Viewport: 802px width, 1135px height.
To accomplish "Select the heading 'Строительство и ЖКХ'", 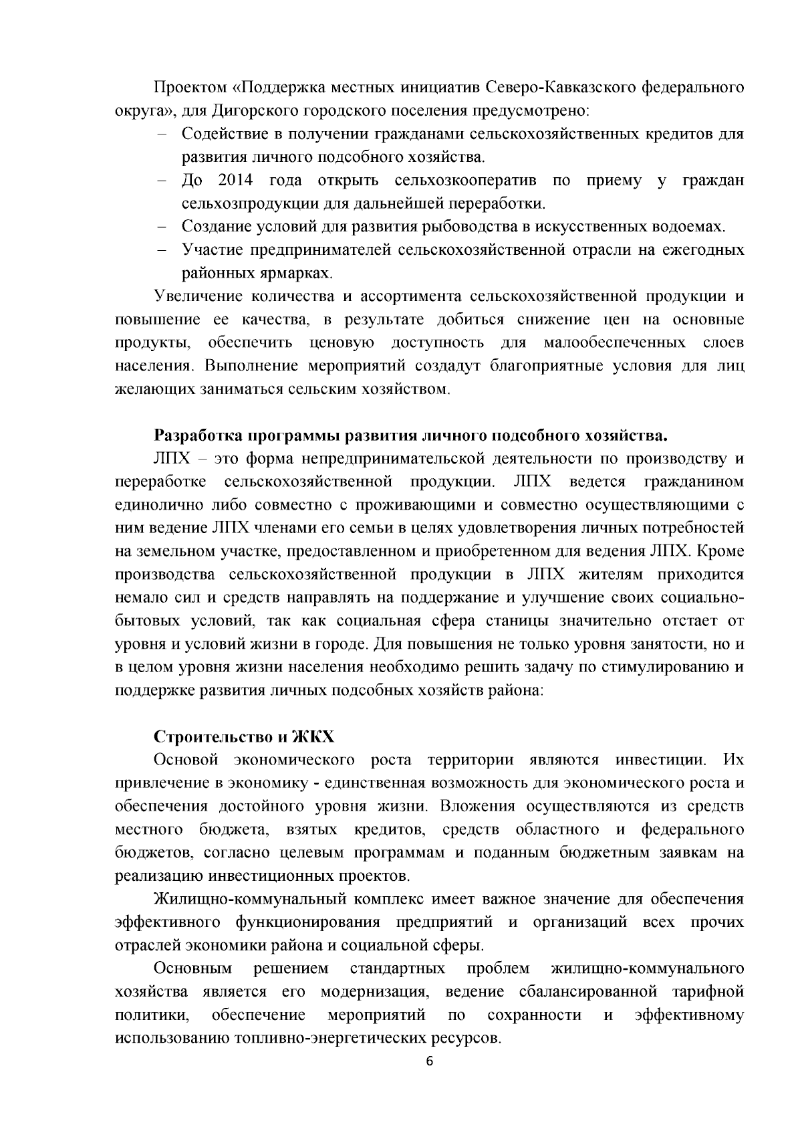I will [x=244, y=737].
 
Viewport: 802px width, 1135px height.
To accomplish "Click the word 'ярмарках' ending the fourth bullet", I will [x=298, y=274].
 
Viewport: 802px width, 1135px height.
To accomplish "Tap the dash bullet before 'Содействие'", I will [x=161, y=134].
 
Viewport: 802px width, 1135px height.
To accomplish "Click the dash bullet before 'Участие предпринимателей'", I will [x=161, y=250].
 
